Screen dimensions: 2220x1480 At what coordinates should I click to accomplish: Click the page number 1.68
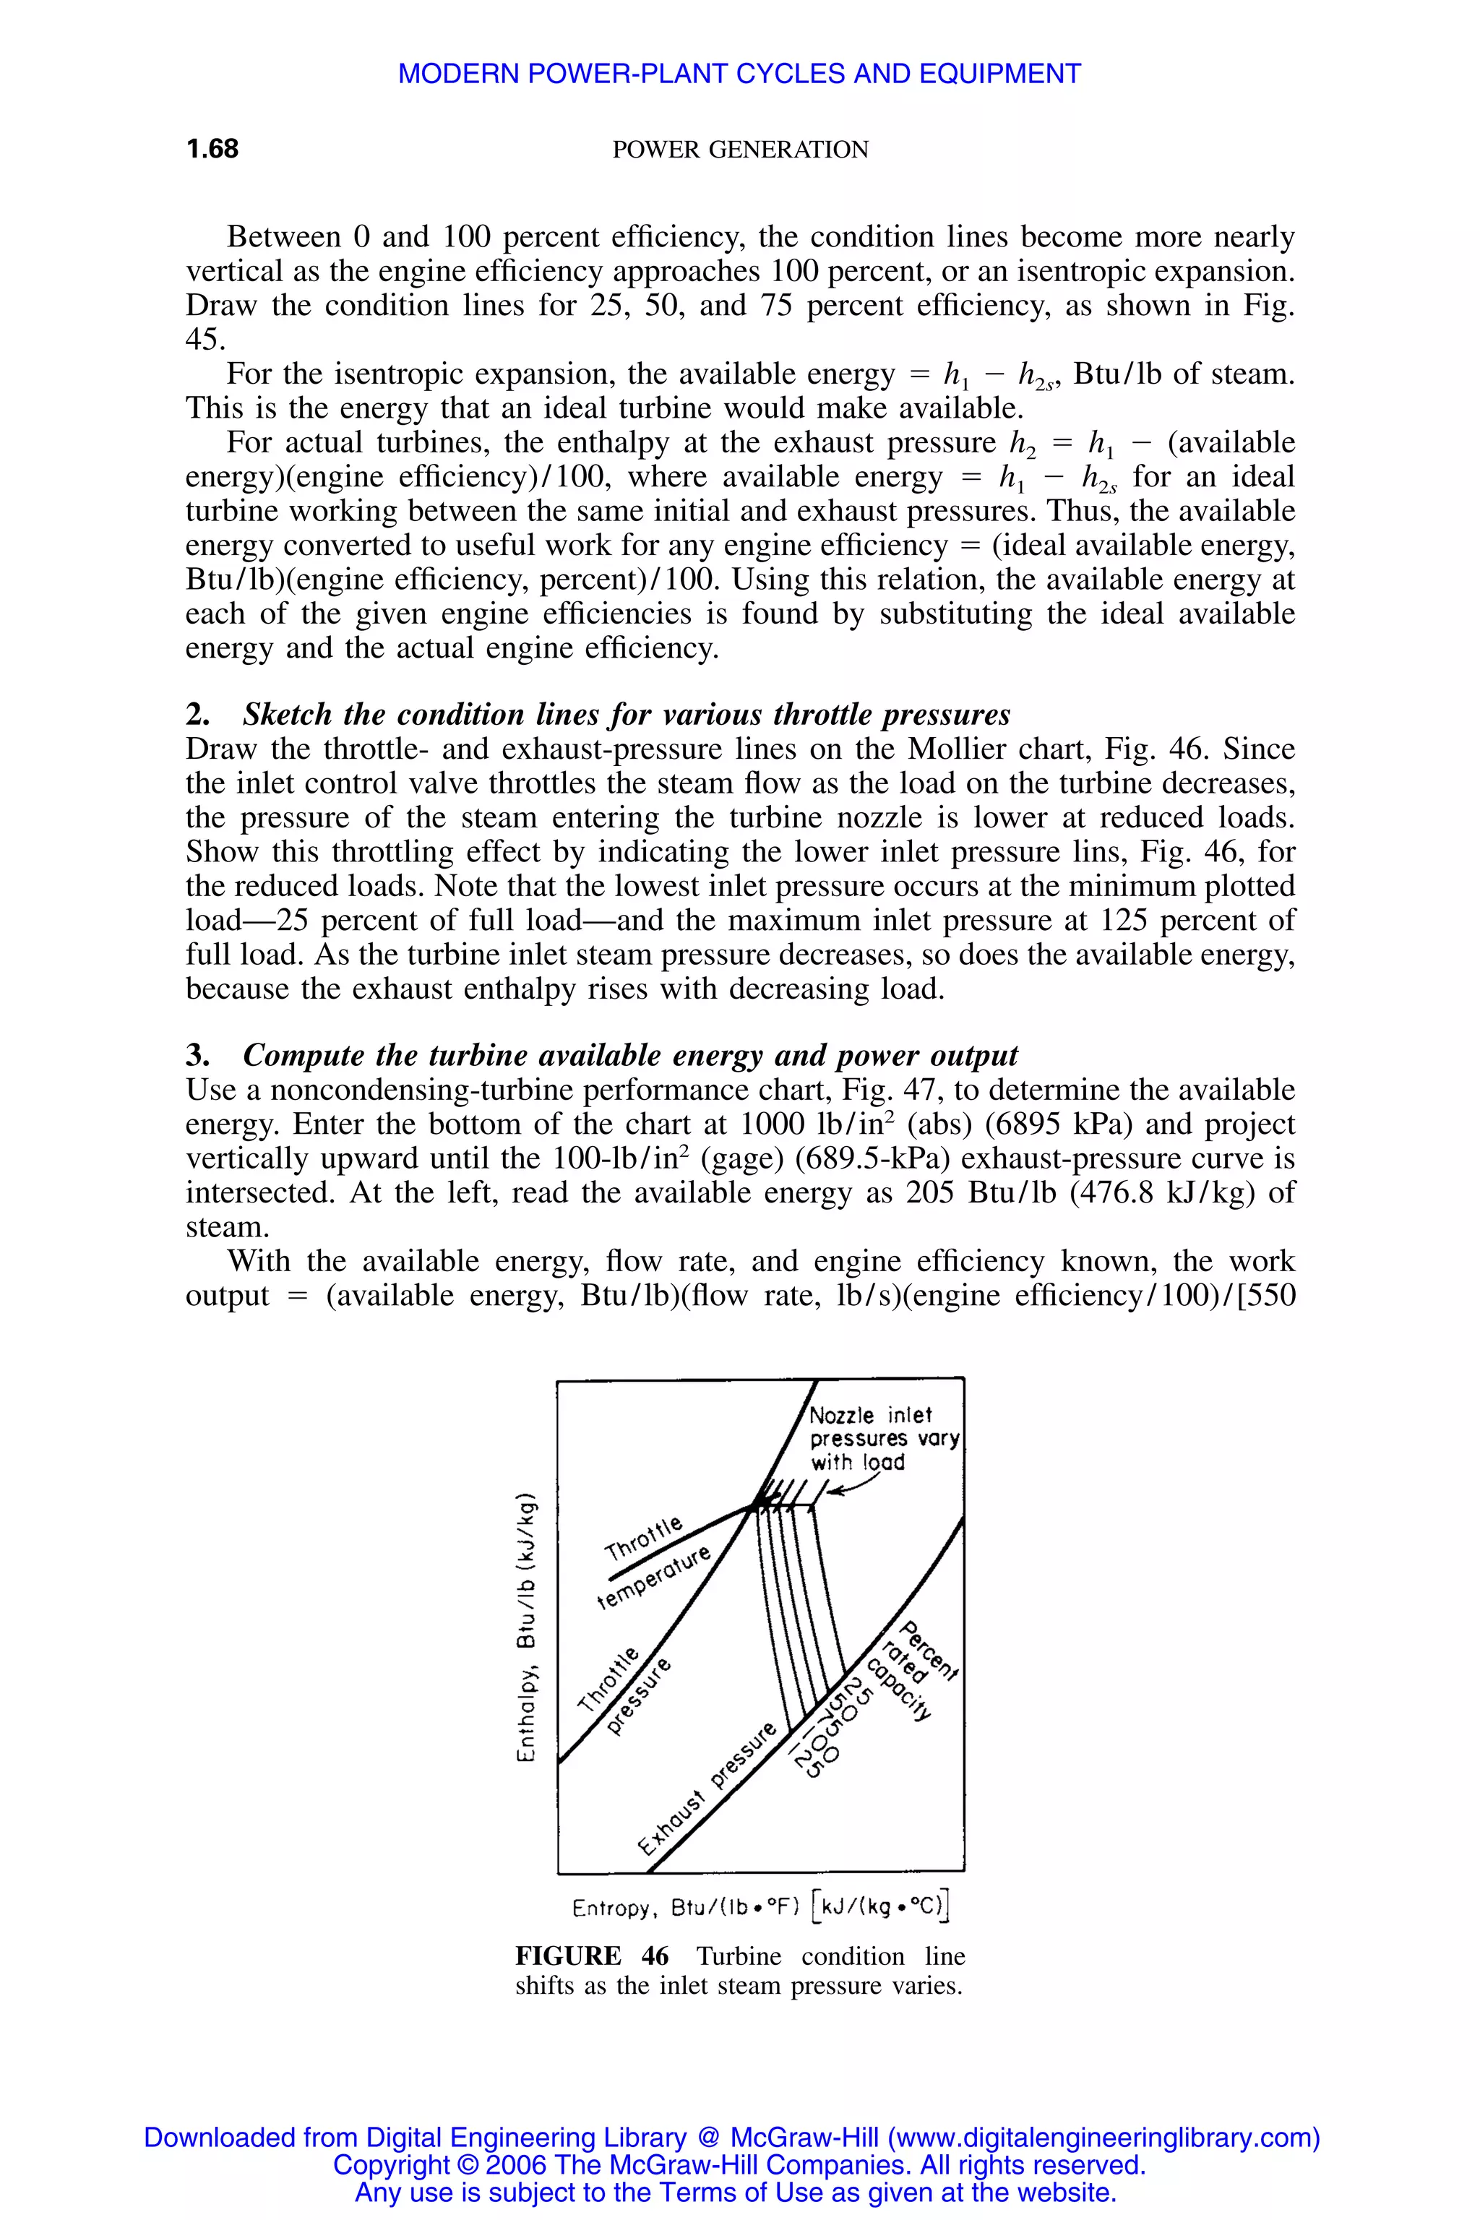click(x=212, y=149)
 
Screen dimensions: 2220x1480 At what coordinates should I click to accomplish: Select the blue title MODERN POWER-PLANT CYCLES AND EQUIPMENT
click(x=739, y=74)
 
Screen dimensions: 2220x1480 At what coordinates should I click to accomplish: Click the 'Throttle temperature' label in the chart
click(x=656, y=1563)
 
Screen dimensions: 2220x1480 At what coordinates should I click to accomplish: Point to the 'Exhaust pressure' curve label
click(x=708, y=1788)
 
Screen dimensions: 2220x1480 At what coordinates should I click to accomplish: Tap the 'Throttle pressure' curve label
click(x=624, y=1690)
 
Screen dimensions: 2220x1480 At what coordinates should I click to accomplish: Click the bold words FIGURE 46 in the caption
click(x=592, y=1956)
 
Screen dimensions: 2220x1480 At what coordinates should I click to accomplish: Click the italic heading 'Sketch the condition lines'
click(x=626, y=715)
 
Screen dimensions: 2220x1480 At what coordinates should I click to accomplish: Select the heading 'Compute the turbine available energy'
click(x=629, y=1055)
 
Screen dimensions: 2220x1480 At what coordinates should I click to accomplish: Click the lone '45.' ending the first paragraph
click(x=205, y=340)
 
